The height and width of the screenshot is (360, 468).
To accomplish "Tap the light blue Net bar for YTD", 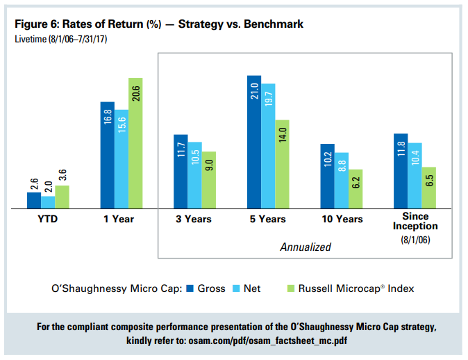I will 48,202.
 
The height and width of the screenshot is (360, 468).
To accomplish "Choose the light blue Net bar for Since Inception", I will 415,175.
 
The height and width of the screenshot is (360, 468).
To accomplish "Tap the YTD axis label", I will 48,219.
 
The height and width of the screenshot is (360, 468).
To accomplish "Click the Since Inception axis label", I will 415,222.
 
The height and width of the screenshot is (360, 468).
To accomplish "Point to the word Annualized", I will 306,247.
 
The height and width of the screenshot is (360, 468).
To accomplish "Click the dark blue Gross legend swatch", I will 190,288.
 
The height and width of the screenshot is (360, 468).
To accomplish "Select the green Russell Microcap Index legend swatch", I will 290,288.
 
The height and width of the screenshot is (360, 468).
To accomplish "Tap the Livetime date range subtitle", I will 60,38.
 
